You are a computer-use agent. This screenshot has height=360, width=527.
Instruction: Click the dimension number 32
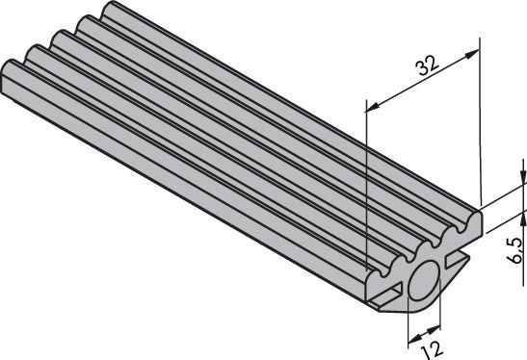click(424, 64)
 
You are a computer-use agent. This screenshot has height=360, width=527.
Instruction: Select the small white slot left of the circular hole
click(390, 290)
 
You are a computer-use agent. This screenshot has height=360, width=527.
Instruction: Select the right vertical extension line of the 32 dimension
click(479, 116)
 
